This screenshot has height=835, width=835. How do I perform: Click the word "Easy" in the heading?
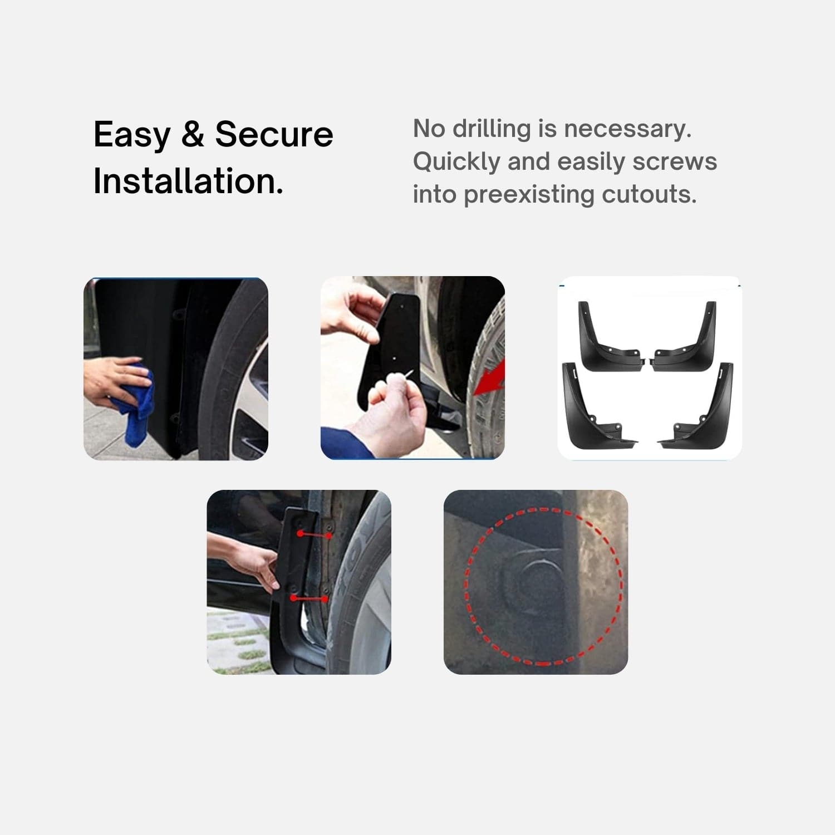[x=132, y=135]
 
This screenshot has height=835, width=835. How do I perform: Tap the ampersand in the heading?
[x=193, y=135]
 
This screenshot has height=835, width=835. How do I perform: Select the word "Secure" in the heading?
[x=274, y=135]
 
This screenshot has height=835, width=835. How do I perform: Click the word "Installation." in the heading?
[x=188, y=181]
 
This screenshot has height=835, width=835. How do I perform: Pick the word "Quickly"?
[x=456, y=162]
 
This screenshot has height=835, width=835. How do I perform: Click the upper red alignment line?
[x=315, y=534]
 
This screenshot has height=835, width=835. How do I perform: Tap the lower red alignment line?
[x=309, y=599]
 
